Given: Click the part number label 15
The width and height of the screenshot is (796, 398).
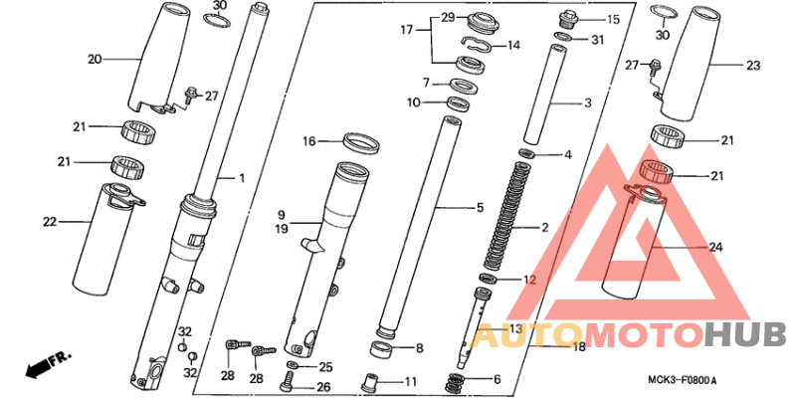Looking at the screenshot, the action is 613,20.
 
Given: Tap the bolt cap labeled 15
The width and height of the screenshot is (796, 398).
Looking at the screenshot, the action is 567,19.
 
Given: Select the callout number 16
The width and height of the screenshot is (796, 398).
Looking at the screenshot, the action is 310,140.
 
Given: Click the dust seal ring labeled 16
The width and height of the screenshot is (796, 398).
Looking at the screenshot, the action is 362,142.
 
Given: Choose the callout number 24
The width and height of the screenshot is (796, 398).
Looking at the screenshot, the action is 716,247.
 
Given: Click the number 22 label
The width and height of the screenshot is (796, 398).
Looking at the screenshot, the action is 50,221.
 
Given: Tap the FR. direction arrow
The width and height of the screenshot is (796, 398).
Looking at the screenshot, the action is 47,364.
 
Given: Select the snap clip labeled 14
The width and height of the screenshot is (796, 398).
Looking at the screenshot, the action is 476,44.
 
